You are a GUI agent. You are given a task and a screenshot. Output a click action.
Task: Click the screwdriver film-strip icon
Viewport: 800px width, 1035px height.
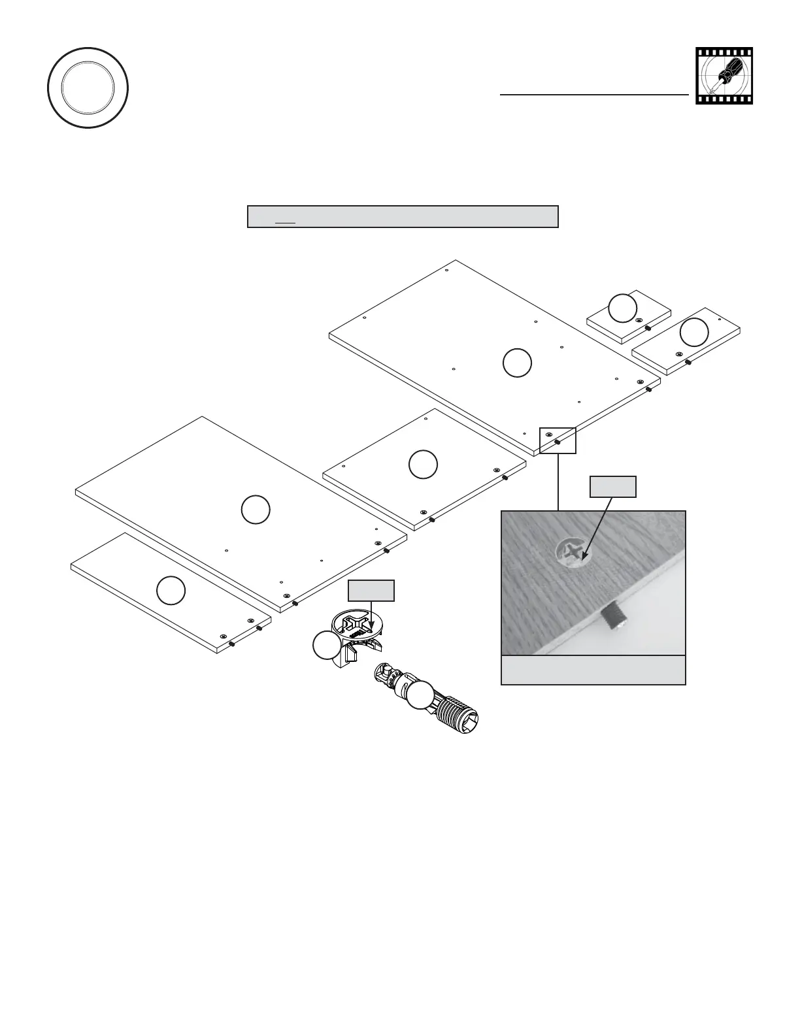click(724, 76)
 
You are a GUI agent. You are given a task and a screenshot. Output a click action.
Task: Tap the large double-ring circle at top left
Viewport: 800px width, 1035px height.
click(88, 88)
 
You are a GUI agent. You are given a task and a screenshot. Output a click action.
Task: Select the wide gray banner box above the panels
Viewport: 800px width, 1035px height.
click(403, 216)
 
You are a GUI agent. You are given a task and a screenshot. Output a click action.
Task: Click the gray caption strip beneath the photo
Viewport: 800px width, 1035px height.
click(593, 670)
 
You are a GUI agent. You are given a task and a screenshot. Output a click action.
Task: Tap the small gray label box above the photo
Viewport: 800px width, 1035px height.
click(612, 487)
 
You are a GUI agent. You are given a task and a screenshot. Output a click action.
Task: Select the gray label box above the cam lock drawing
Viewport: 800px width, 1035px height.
click(371, 590)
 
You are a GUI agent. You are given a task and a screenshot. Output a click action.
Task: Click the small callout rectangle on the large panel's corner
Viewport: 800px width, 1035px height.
click(558, 440)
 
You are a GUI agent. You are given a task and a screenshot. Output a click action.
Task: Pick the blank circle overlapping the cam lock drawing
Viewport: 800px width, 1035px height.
click(326, 646)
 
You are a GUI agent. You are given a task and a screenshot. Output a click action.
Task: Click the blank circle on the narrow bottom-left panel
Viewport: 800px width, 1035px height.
click(171, 591)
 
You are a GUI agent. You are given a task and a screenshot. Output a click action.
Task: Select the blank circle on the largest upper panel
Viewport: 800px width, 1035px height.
click(517, 363)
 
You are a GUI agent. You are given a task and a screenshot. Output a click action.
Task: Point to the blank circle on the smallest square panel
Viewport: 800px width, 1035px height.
click(622, 308)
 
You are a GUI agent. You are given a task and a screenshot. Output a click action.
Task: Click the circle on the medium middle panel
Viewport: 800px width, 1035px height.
click(423, 464)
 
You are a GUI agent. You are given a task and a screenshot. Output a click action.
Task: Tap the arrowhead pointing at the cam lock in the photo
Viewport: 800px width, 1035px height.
click(583, 557)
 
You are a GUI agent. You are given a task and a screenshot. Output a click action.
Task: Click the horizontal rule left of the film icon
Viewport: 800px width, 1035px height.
click(594, 94)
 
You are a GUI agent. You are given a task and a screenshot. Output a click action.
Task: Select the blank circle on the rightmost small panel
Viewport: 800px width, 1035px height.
click(693, 332)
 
